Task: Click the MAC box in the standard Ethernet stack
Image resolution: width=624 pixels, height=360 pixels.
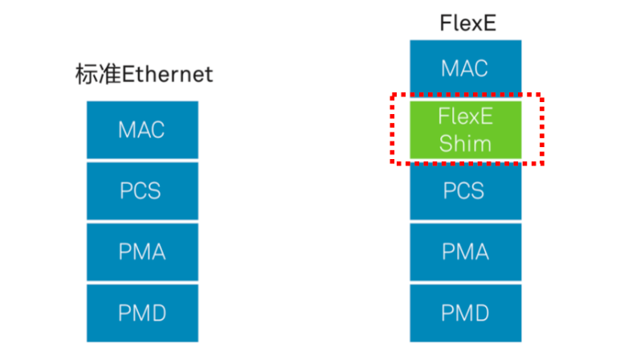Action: coord(142,130)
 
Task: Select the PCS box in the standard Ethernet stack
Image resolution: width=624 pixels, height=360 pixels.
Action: coord(142,190)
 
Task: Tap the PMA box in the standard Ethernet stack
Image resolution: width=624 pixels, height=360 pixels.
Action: coord(142,252)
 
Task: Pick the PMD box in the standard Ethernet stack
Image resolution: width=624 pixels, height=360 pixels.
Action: coord(142,313)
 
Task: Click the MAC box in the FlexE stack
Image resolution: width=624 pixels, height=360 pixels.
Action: coord(466,67)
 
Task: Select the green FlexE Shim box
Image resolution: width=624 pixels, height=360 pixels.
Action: coord(466,130)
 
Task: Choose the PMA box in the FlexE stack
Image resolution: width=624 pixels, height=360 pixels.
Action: coord(466,252)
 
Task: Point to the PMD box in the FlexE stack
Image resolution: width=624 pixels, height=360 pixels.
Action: coord(466,313)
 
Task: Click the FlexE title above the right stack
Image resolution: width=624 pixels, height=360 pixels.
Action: coord(467,23)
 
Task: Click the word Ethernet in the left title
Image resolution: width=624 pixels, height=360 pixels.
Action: coord(168,74)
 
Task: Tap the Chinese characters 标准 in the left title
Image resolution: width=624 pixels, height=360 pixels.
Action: coord(98,74)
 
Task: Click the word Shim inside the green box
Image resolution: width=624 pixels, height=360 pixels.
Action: coord(465,143)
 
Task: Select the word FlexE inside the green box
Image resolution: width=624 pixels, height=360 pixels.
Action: coord(466,117)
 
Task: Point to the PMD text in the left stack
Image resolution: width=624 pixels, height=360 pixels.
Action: coord(142,313)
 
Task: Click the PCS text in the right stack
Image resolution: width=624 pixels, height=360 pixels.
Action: coord(463,190)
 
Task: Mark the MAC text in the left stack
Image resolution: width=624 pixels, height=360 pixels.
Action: coord(141,130)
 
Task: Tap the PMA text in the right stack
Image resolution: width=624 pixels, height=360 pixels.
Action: coord(465,252)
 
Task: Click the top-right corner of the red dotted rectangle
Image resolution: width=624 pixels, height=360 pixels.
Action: coord(541,95)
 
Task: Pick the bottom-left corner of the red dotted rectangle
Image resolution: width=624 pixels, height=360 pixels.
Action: coord(393,162)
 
